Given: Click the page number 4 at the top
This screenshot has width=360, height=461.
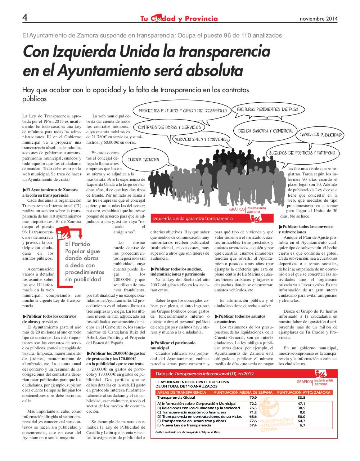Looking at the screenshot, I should (x=25, y=17).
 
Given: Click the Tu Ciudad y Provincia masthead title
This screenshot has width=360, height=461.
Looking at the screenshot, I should (x=179, y=19).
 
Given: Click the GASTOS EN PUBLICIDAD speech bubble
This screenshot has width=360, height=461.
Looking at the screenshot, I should (x=320, y=135).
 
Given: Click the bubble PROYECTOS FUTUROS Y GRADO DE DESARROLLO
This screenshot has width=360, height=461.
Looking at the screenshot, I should (x=183, y=111).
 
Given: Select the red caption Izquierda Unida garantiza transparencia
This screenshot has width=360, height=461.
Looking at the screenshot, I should (x=192, y=219).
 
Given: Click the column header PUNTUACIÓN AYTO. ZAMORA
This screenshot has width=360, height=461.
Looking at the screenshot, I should (x=304, y=392).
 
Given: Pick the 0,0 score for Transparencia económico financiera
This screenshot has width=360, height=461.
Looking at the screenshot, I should (x=302, y=412).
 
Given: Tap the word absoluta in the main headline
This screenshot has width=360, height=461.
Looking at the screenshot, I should (x=212, y=71).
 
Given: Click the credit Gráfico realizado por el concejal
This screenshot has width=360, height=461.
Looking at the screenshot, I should (x=188, y=432).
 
